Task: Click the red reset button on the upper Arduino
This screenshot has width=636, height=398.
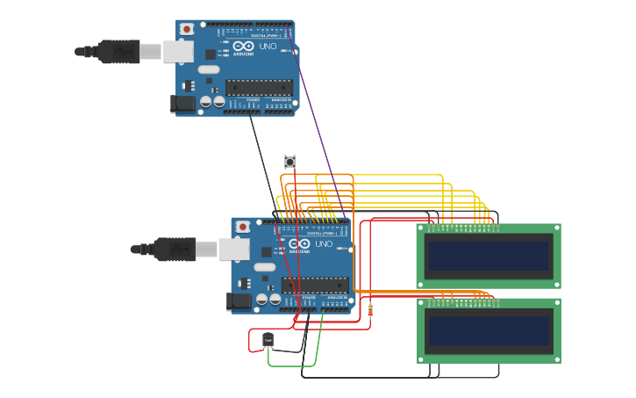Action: pos(186,29)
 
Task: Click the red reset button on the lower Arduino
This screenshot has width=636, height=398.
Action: pos(242,227)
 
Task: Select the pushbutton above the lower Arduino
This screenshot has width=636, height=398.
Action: pos(289,162)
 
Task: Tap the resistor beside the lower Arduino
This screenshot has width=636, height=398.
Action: pos(369,310)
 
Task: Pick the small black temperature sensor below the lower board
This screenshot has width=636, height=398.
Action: pos(268,340)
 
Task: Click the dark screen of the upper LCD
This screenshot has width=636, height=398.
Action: pos(489,256)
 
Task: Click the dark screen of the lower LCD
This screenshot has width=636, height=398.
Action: pos(489,330)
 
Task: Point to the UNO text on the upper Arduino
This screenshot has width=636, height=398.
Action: pos(268,46)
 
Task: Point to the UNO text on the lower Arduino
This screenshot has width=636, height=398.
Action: pos(324,243)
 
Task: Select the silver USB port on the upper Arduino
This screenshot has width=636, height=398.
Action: pos(178,52)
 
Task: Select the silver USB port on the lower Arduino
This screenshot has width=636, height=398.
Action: pos(234,250)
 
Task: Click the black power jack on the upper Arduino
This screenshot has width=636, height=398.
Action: pos(182,104)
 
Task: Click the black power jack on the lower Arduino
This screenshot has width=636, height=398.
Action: pos(239,301)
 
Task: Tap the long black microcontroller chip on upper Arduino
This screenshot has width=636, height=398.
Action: pos(259,87)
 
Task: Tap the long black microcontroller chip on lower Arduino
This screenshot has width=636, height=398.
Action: pos(315,285)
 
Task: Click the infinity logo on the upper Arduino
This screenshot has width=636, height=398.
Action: pos(243,46)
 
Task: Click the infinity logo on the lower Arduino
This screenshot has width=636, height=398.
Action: pos(299,243)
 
